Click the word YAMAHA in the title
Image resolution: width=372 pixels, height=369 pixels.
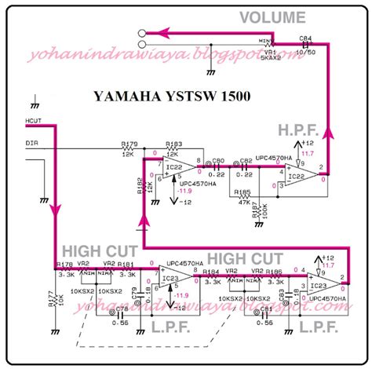click(126, 97)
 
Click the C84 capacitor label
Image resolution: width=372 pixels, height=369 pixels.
click(306, 37)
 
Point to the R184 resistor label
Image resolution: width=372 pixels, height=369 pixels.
click(211, 271)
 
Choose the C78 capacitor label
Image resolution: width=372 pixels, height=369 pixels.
click(122, 311)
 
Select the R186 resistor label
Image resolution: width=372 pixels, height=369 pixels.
click(275, 271)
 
